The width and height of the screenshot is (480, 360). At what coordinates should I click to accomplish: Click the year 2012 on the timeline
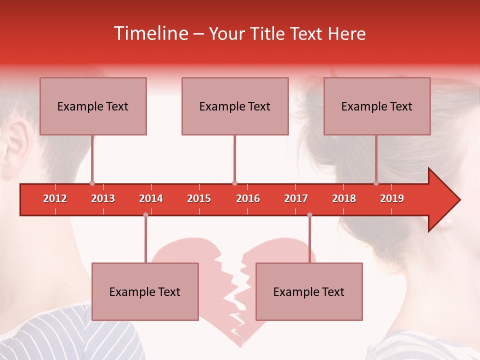(55, 198)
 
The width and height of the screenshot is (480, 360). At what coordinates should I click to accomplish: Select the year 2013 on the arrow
(103, 198)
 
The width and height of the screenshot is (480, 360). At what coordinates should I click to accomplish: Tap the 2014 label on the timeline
(151, 198)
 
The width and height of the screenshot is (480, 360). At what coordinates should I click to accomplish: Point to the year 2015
(199, 198)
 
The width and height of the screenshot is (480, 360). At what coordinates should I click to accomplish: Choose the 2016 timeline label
(248, 198)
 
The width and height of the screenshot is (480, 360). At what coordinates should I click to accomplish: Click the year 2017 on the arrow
(296, 198)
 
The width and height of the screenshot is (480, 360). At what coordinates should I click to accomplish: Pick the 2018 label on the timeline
(344, 198)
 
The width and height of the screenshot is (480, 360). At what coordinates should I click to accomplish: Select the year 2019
(392, 198)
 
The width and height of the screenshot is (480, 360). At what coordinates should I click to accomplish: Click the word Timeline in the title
(150, 33)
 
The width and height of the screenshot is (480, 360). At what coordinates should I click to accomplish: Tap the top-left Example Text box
(93, 106)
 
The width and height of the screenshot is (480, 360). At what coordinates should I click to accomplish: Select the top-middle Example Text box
(235, 106)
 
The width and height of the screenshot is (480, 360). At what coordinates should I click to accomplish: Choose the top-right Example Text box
(377, 106)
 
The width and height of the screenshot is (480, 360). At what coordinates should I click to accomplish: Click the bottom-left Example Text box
(145, 291)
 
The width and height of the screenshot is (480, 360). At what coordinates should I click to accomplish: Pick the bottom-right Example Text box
(309, 291)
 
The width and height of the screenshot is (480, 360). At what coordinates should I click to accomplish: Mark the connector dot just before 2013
(92, 183)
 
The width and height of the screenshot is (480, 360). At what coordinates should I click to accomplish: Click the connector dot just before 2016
(234, 183)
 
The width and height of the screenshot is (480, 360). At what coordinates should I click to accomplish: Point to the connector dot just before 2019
(376, 183)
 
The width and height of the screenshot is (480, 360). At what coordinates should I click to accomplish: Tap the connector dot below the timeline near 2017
(309, 215)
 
